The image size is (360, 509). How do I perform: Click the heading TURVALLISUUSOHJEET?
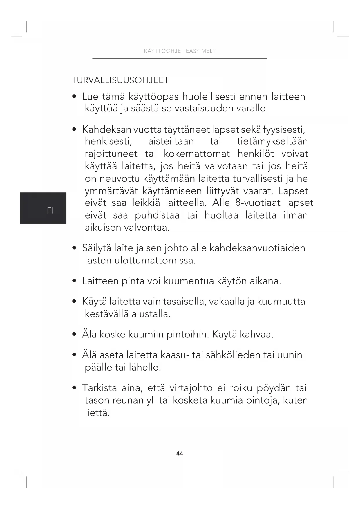point(120,80)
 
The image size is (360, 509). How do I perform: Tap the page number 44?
point(180,453)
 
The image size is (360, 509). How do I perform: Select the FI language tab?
point(50,210)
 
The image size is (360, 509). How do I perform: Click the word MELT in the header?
point(209,51)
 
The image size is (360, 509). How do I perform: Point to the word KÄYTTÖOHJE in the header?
point(162,51)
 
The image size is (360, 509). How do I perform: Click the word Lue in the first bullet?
point(90,96)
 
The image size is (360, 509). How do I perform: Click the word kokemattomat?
point(196,154)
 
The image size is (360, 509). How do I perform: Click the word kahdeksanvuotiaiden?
point(257,248)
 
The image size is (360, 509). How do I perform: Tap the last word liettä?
point(97,412)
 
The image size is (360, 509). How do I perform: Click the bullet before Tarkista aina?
point(75,388)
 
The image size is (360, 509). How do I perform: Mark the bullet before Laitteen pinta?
point(75,281)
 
